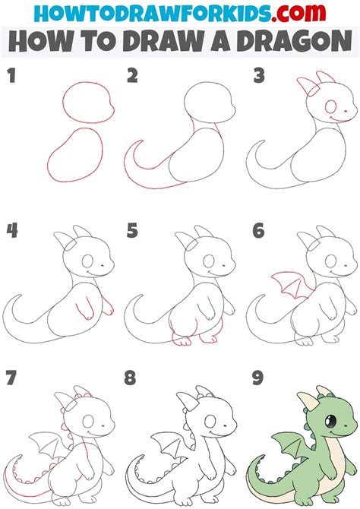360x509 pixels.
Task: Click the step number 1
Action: pos(11,76)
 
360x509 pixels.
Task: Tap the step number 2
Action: pos(133,76)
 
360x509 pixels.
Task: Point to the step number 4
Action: pos(11,230)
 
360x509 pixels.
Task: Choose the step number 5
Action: pos(133,230)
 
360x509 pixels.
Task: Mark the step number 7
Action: pos(11,377)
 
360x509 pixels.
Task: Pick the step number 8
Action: pos(133,377)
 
